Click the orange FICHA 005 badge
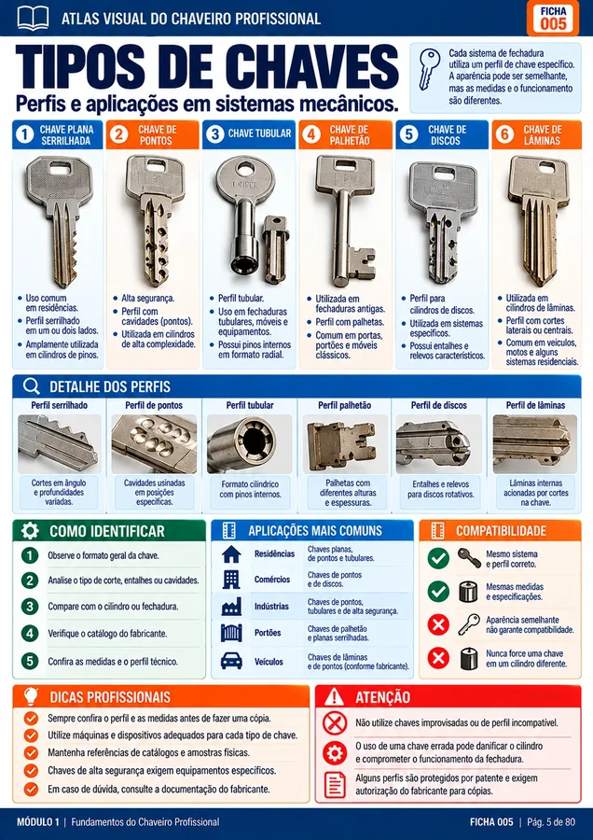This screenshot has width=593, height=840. click(x=553, y=18)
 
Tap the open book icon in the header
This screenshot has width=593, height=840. click(x=33, y=18)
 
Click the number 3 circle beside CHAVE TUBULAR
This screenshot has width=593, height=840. click(x=215, y=133)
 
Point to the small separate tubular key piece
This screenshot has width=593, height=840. click(x=276, y=249)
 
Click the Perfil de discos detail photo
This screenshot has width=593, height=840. click(x=439, y=443)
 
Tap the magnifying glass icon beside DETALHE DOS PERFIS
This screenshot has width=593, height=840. click(x=32, y=386)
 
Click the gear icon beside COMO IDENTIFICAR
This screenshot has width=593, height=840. click(x=30, y=531)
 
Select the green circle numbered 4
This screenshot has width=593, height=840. click(x=30, y=633)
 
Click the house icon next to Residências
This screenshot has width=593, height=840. click(x=231, y=553)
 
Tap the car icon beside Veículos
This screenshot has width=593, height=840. click(x=231, y=661)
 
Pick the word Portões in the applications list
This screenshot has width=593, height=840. click(x=268, y=633)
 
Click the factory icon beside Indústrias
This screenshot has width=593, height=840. click(x=231, y=607)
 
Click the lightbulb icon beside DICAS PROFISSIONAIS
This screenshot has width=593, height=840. click(x=31, y=696)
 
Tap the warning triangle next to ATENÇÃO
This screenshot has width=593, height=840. click(x=335, y=696)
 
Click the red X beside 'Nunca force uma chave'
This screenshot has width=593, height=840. click(x=438, y=658)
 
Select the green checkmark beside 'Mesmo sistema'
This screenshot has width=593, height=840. click(x=438, y=558)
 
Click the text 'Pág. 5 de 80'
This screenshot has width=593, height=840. click(x=551, y=821)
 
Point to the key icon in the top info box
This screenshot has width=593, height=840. click(x=429, y=68)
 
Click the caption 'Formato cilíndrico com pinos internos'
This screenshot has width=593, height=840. click(x=250, y=488)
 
